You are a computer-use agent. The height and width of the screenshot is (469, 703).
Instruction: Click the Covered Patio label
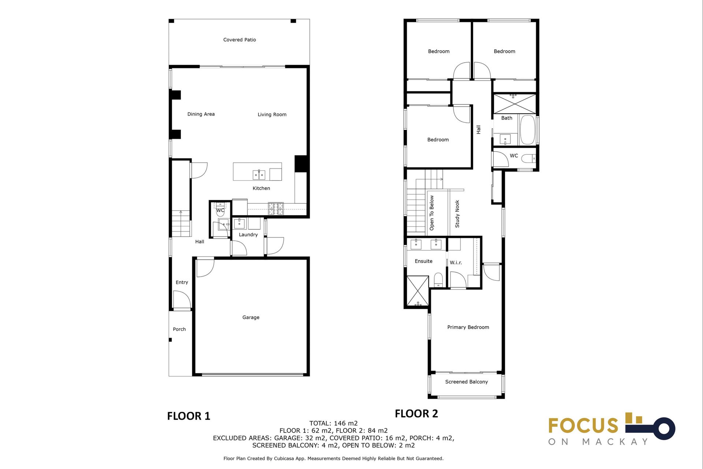click(x=239, y=40)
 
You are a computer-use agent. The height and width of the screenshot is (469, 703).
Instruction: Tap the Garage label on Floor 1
click(x=251, y=317)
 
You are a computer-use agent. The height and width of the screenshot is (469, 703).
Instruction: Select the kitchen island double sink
click(x=259, y=175)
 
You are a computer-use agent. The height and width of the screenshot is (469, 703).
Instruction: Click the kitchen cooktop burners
click(x=276, y=208)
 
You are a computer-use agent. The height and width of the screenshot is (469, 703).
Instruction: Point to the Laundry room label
click(x=248, y=234)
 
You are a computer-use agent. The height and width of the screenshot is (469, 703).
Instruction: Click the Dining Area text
click(x=201, y=114)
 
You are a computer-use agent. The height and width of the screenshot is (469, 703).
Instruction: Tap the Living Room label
click(x=272, y=114)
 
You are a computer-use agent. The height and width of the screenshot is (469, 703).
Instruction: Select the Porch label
click(x=179, y=329)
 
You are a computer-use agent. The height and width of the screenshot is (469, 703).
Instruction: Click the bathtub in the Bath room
click(x=527, y=130)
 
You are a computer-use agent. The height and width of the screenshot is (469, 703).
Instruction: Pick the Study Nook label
click(x=457, y=214)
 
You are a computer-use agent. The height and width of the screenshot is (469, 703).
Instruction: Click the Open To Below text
click(x=432, y=213)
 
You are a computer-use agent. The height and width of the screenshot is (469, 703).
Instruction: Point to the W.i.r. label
click(x=456, y=262)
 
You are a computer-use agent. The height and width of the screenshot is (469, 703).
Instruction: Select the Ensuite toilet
click(x=438, y=280)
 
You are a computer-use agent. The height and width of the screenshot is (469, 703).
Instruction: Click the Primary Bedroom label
click(x=468, y=327)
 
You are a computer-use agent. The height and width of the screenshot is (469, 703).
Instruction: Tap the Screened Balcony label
click(x=466, y=382)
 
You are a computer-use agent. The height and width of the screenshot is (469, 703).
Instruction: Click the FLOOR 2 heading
click(x=416, y=414)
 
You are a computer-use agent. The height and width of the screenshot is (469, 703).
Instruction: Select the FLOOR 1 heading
click(x=189, y=416)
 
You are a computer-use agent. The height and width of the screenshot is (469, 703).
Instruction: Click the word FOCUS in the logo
click(x=583, y=426)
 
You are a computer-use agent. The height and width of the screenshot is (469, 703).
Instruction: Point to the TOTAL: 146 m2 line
click(x=334, y=423)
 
